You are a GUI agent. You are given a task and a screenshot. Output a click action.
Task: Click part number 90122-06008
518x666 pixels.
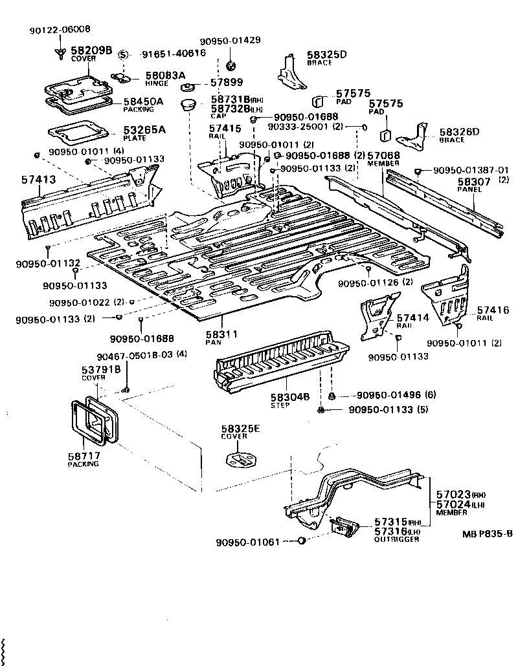(x=60, y=30)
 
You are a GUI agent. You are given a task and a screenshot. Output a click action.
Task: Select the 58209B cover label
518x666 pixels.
(x=91, y=50)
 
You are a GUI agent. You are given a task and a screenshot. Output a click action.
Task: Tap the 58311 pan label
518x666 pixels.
(x=222, y=334)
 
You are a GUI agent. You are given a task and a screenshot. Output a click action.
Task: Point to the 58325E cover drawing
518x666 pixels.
(x=242, y=462)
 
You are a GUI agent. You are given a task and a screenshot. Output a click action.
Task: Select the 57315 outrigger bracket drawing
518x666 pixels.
(x=344, y=527)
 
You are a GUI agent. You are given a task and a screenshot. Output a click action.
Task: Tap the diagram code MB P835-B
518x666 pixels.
(x=488, y=534)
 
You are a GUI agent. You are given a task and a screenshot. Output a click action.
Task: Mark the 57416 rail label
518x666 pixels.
(x=493, y=311)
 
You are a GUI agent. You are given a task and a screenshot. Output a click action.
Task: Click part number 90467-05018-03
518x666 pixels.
(x=134, y=354)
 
